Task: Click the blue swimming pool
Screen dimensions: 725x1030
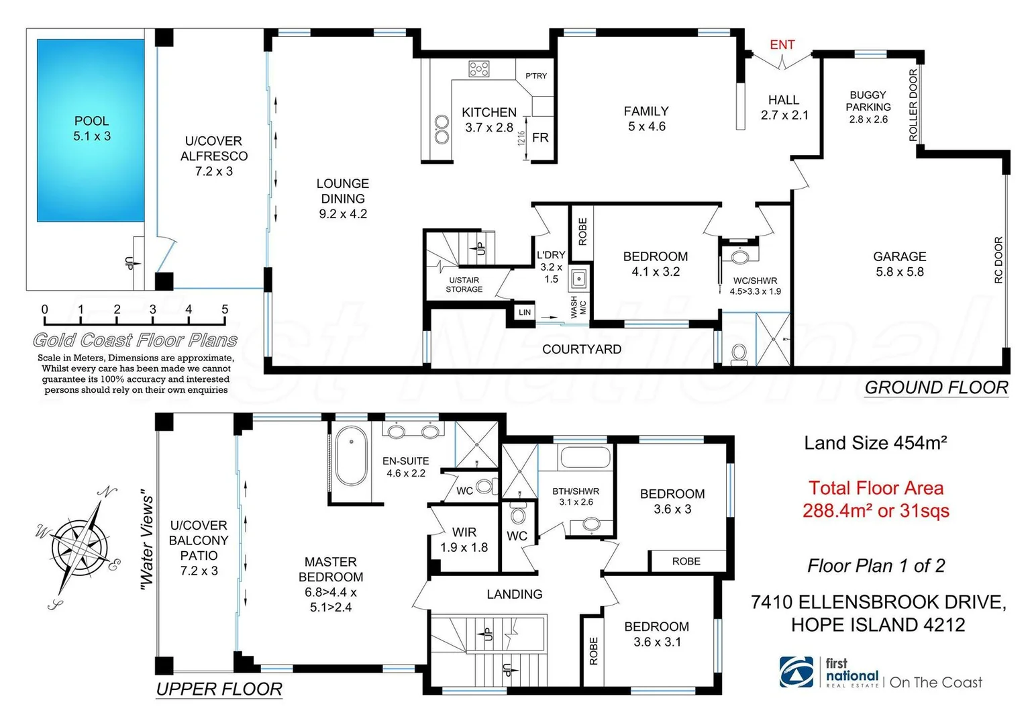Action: [91, 130]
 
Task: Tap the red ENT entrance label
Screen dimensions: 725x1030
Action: [782, 45]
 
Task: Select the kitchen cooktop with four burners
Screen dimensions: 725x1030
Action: [479, 68]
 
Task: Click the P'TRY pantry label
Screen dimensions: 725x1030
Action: [536, 76]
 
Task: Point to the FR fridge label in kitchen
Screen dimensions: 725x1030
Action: [540, 138]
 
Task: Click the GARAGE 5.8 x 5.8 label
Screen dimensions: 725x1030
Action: [899, 264]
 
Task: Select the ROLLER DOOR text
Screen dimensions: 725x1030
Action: [913, 105]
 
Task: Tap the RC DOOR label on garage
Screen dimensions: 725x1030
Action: [998, 260]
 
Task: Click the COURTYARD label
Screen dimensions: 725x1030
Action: [581, 349]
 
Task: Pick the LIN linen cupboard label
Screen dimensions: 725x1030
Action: [525, 312]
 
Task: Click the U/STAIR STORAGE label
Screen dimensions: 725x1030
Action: [464, 285]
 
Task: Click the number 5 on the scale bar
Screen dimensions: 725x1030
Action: [225, 309]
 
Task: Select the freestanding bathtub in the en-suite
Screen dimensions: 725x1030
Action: [351, 456]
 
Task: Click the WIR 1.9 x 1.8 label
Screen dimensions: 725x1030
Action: [464, 540]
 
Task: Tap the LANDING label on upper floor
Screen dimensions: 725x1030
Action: [514, 594]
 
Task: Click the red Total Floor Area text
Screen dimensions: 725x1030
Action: [876, 499]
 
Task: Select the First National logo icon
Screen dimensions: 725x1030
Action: [796, 672]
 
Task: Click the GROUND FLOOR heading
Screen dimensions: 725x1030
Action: [936, 387]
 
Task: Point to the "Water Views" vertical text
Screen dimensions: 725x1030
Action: [147, 543]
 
